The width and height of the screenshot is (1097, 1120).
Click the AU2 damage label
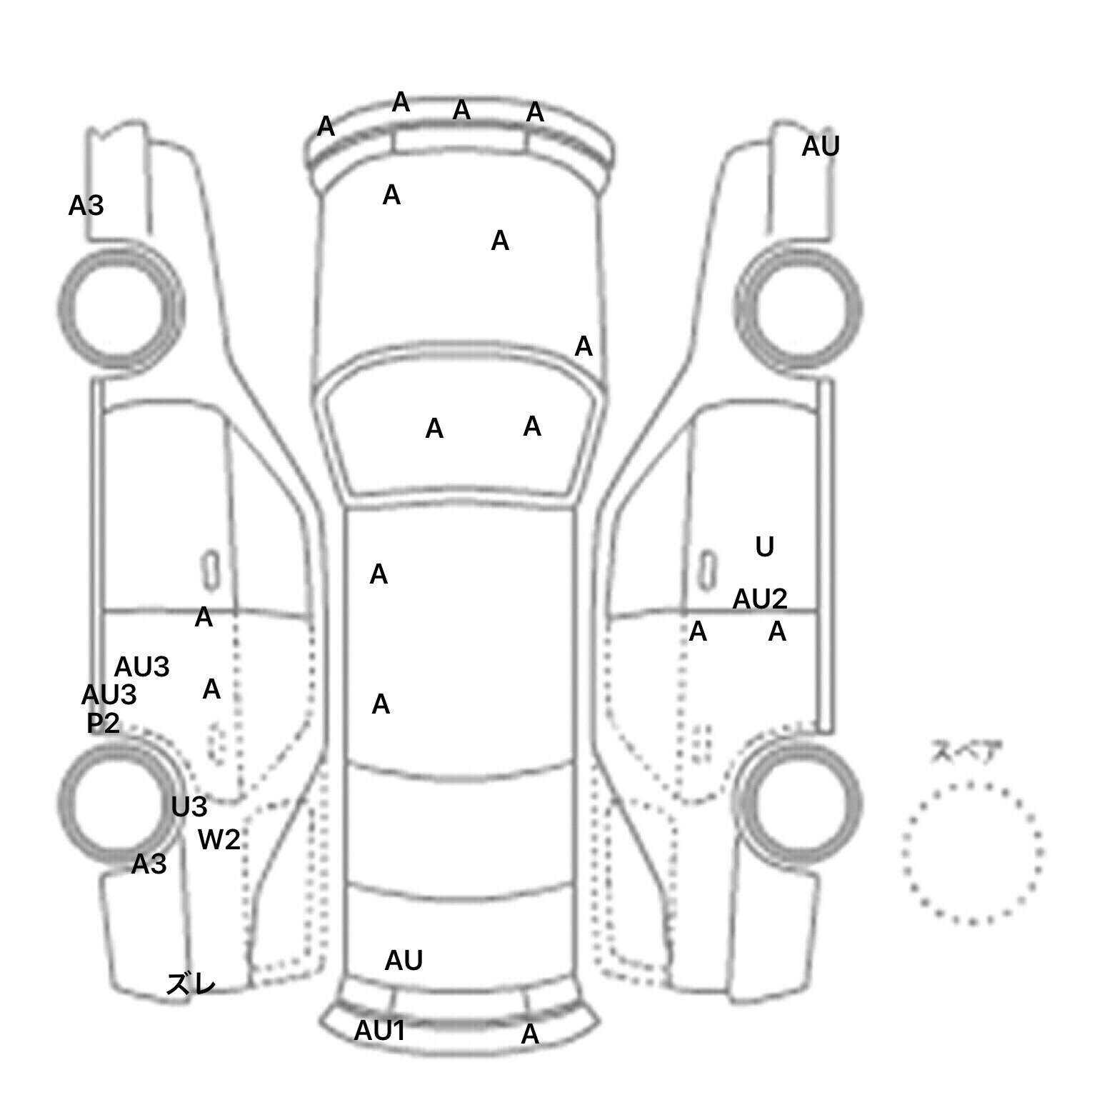[759, 599]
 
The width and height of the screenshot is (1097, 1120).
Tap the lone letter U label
[764, 547]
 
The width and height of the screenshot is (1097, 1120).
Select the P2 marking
[103, 724]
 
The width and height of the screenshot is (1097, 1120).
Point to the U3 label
[189, 807]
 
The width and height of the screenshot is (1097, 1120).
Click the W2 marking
[219, 839]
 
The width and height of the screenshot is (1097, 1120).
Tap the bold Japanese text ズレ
[191, 984]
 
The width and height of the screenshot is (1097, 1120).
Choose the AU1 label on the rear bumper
[380, 1030]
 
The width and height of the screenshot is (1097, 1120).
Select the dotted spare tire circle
[972, 852]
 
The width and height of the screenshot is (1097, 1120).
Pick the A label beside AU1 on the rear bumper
[529, 1034]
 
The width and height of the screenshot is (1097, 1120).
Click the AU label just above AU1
[404, 961]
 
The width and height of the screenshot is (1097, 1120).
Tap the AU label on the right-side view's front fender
[820, 146]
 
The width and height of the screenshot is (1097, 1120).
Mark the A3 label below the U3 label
[149, 865]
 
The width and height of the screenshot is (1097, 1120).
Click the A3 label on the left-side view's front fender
[86, 206]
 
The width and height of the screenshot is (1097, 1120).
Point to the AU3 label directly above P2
[109, 695]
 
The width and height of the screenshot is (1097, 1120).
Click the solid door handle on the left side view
[211, 571]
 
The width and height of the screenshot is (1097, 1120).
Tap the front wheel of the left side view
[119, 308]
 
